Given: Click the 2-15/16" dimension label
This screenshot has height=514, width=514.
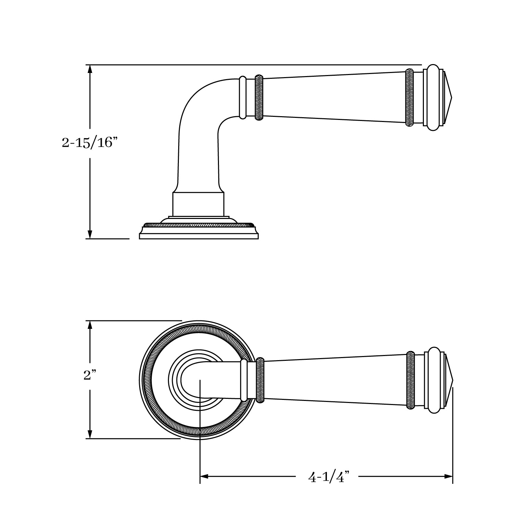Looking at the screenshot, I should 87,143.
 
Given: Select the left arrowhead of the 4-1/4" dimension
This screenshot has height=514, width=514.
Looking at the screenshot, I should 205,476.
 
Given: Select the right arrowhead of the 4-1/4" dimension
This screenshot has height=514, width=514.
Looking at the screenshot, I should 449,476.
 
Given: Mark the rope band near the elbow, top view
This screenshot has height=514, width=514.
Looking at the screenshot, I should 259,97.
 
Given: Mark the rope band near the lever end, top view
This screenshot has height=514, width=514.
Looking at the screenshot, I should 409,98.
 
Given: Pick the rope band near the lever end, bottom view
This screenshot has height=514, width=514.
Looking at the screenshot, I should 410,380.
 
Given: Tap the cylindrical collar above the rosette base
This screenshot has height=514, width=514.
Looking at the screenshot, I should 198,204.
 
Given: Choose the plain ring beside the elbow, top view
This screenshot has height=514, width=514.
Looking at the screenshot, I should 243,97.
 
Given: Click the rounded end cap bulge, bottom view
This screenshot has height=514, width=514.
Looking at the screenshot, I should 434,380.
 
